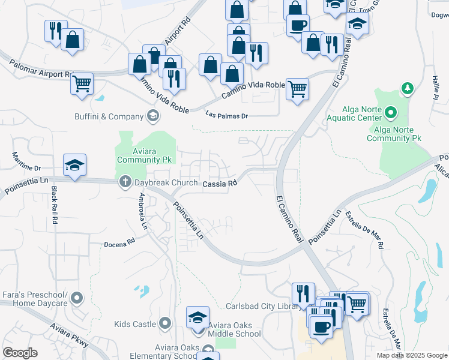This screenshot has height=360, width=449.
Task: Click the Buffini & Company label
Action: click(x=109, y=116)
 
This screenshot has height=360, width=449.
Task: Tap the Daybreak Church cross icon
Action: click(x=125, y=181)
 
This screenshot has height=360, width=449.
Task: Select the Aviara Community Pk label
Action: click(x=145, y=155)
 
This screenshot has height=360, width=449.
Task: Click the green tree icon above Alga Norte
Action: click(x=408, y=89)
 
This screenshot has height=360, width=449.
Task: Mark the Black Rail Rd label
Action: click(x=54, y=205)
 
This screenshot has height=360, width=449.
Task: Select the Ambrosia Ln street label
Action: click(x=143, y=212)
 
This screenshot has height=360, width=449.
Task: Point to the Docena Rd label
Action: click(x=119, y=244)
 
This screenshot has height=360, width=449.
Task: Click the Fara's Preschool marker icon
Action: click(x=77, y=297)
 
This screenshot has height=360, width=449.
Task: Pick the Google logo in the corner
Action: click(x=20, y=352)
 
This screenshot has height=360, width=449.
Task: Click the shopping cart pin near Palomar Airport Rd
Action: click(x=82, y=83)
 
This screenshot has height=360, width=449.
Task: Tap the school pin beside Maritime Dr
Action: click(x=74, y=165)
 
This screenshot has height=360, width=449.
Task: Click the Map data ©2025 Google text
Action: click(x=411, y=355)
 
